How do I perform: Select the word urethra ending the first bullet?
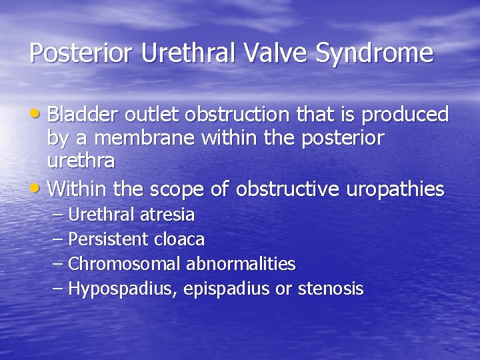(x=81, y=161)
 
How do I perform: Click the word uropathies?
(x=395, y=190)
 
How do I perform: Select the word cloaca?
(x=184, y=239)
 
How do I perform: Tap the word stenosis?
(x=331, y=289)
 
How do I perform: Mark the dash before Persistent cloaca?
(x=57, y=239)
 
